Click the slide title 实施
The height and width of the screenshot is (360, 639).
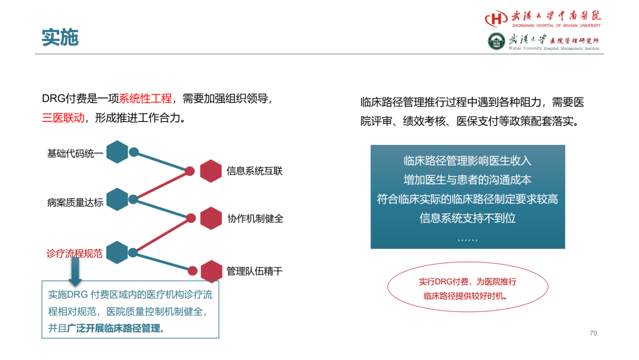coord(60,37)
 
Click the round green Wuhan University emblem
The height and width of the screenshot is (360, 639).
coord(496,41)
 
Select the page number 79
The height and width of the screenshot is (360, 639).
coord(593,333)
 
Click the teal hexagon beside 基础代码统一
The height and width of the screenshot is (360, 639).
coord(117,152)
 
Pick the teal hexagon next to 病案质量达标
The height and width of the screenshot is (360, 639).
coord(117,200)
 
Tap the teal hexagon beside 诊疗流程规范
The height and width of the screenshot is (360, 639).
coord(117,252)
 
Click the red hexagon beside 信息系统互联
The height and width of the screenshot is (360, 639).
coord(211,171)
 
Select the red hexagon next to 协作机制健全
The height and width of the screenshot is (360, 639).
coord(211,218)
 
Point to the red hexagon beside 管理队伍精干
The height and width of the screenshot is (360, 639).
coord(211,271)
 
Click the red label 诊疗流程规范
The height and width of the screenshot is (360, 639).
coord(75,253)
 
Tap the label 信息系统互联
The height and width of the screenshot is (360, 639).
coord(254,171)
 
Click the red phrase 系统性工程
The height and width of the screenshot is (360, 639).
coord(146,98)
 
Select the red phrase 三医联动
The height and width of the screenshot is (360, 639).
coord(63,118)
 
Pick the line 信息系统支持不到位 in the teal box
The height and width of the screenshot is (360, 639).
coord(468,218)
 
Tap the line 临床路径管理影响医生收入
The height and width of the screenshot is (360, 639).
coord(468,160)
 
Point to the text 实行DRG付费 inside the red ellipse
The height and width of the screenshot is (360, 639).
coord(444,281)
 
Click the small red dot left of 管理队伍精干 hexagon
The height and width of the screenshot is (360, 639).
coord(193,271)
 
